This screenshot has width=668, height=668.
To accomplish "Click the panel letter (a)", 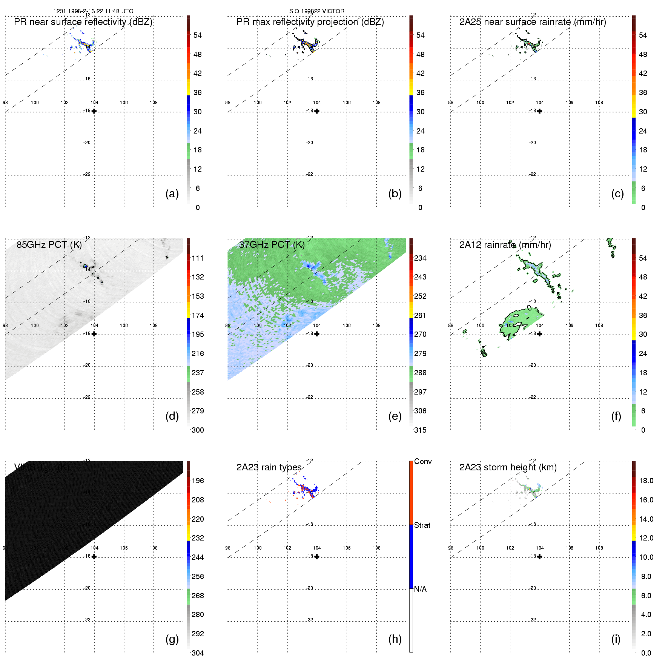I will [x=172, y=193].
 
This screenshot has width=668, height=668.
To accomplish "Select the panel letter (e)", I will [x=395, y=416].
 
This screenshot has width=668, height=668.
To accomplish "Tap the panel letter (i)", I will [x=616, y=639].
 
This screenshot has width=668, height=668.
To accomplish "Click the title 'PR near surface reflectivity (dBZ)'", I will [x=83, y=22].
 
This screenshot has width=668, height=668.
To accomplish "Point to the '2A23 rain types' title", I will [x=269, y=467].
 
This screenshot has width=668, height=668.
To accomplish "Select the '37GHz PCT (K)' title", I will [x=272, y=245].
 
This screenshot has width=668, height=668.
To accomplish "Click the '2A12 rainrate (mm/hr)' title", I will [x=505, y=245].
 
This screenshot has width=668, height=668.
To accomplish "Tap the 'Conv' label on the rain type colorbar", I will [x=422, y=461].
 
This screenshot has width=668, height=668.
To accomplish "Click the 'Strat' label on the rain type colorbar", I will [x=422, y=525].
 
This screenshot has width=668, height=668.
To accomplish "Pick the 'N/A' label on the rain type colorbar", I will [x=420, y=589].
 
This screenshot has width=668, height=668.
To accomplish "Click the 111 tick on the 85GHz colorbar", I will [x=198, y=258].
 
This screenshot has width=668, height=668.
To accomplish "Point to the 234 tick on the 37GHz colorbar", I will [x=420, y=258].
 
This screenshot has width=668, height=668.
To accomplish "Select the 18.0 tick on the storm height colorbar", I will [x=646, y=481].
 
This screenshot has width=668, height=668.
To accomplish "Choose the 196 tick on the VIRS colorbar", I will [x=198, y=481].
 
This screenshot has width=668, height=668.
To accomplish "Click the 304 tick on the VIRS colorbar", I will [x=198, y=653].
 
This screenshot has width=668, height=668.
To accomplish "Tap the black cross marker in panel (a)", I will [x=94, y=111].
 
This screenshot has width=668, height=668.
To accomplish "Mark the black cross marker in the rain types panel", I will [x=317, y=557].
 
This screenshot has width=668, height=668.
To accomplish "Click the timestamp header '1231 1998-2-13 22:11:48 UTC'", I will [x=93, y=11].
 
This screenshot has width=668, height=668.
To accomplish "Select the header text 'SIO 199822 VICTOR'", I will [x=317, y=11].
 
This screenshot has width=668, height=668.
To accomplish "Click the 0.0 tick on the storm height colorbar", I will [x=646, y=653].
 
